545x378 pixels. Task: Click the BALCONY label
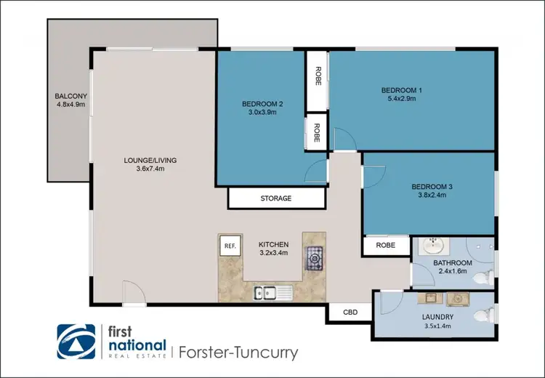pos(70,96)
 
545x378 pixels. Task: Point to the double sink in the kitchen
pos(273,292)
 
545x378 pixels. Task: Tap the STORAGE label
pos(276,198)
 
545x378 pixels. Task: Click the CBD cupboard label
pos(349,312)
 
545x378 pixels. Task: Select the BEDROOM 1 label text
pos(402,90)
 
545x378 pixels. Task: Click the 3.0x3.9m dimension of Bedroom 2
pos(262,113)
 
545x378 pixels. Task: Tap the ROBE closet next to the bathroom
pos(385,246)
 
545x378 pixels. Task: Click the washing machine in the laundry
pos(458,297)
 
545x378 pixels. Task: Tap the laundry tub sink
pos(429,298)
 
